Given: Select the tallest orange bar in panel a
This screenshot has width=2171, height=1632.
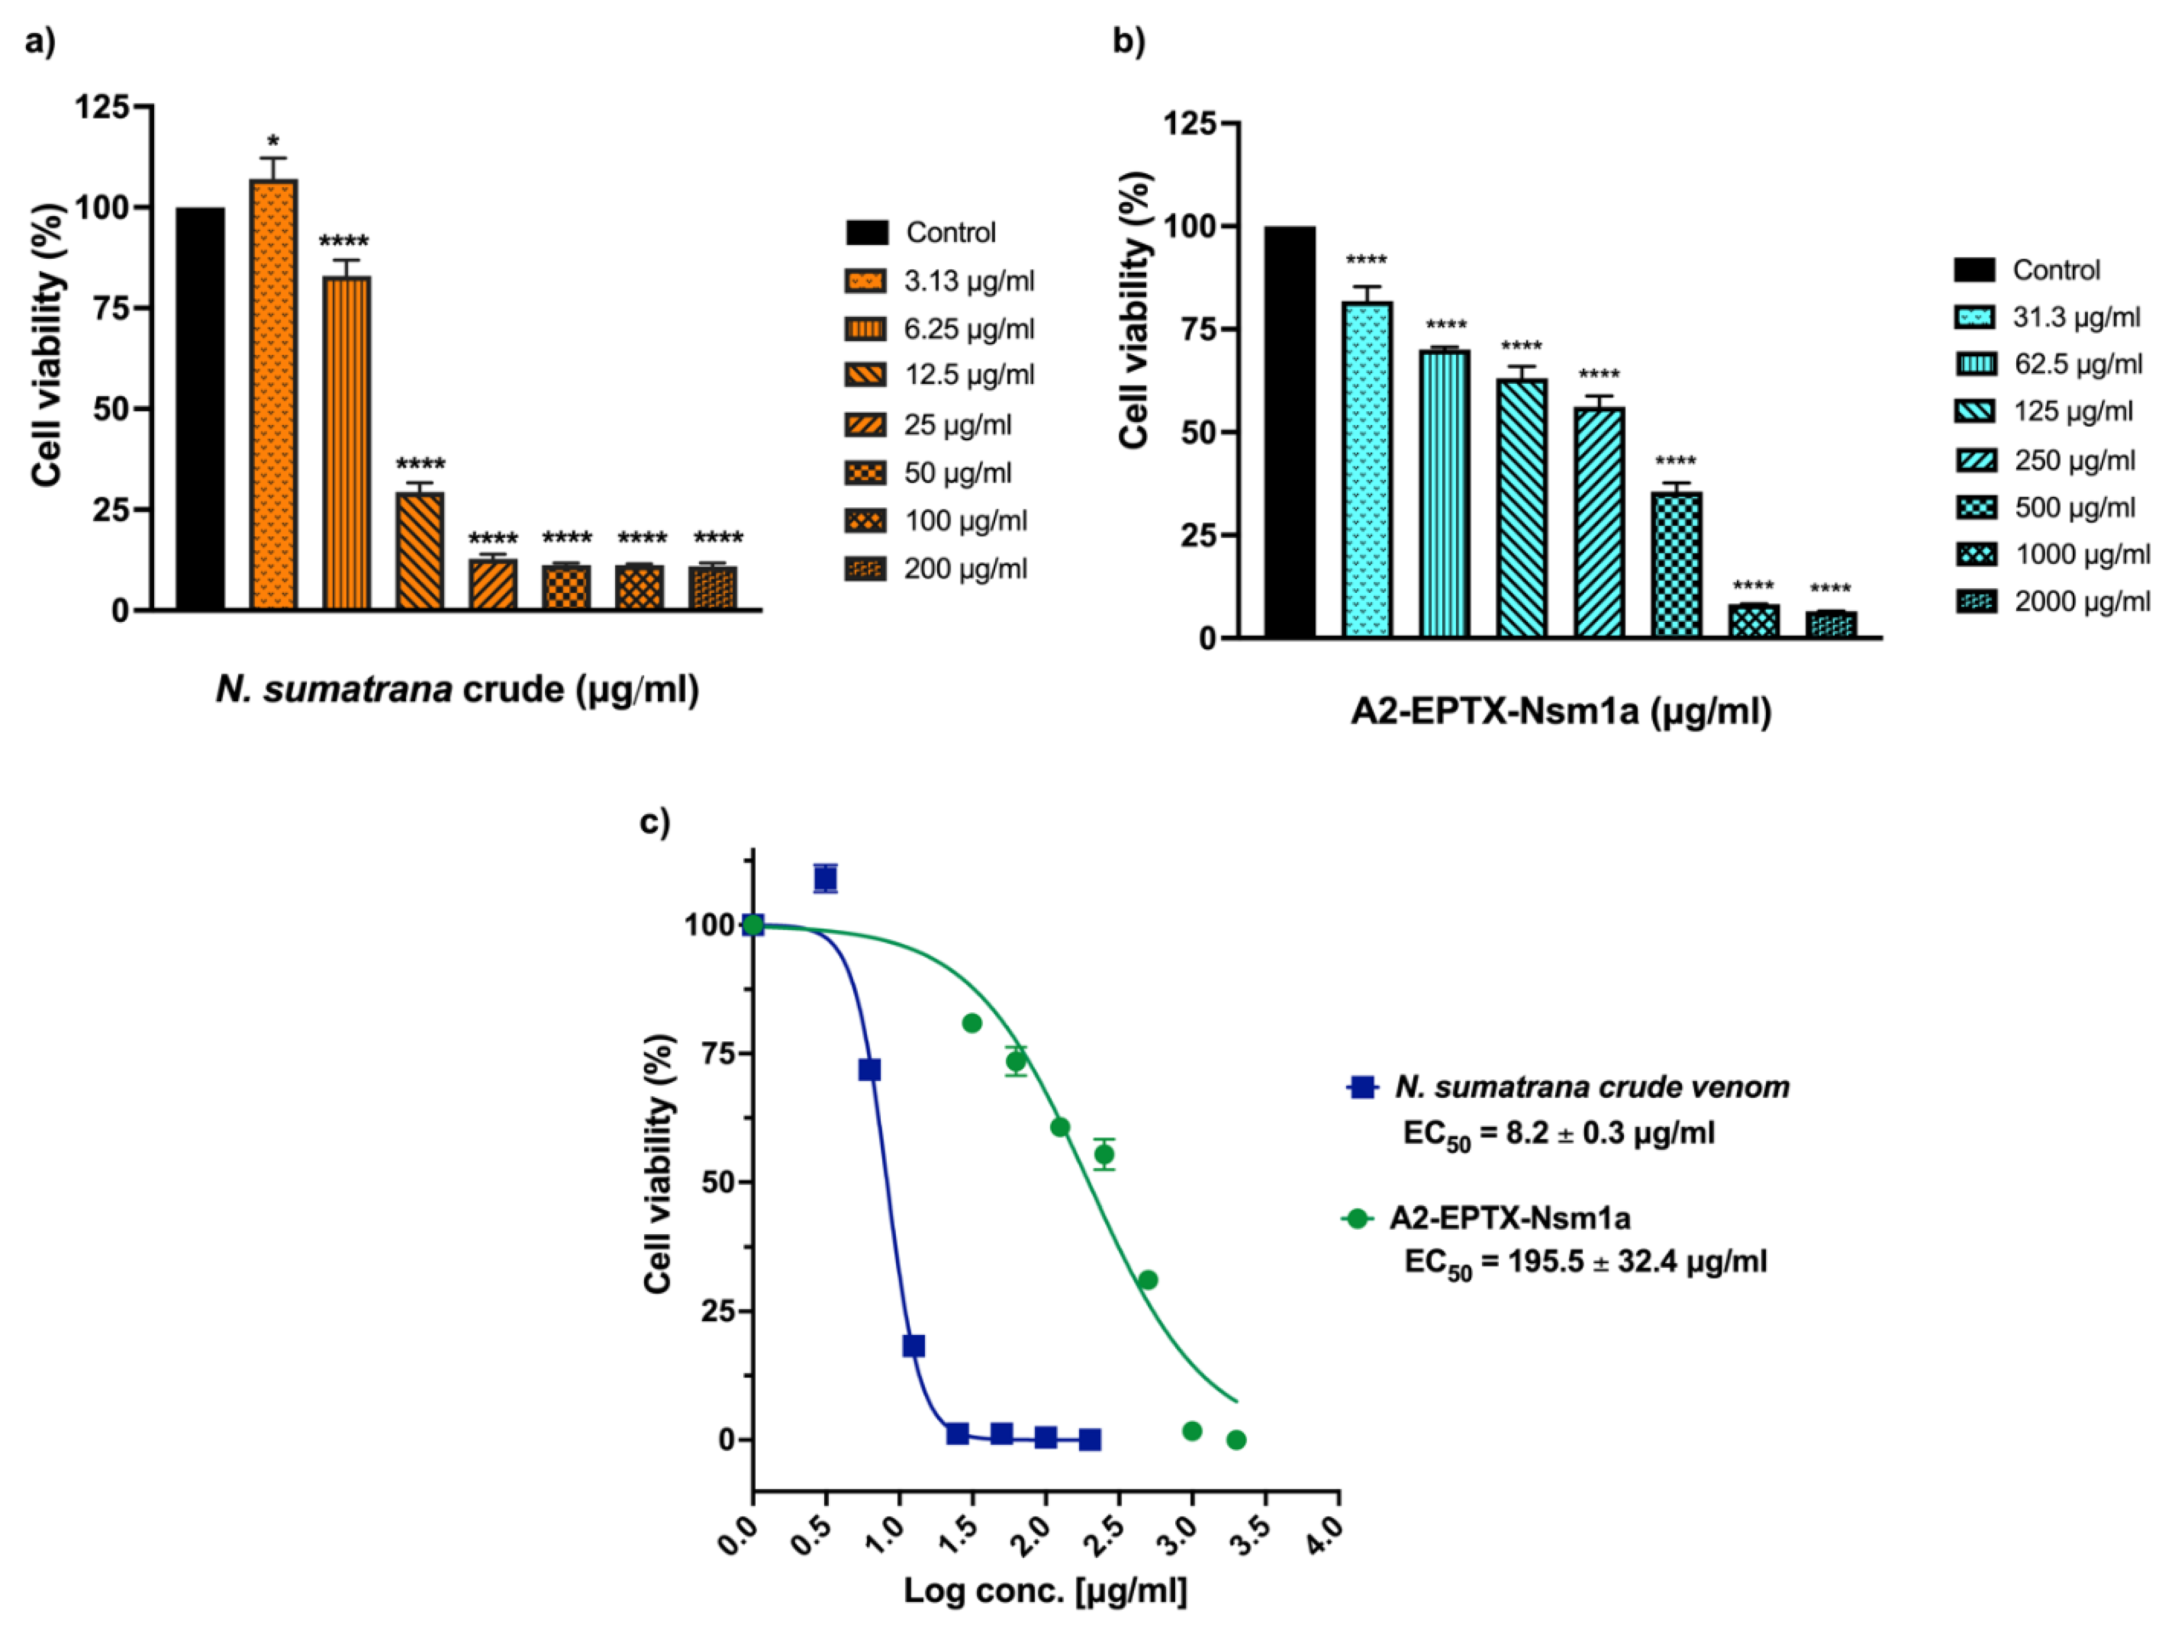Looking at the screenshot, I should coord(274,393).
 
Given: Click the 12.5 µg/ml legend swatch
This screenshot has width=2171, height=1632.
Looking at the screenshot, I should coord(864,375).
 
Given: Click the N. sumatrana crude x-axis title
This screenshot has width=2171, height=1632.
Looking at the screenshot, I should coord(457,689).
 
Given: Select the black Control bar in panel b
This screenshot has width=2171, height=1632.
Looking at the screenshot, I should coord(1290,432).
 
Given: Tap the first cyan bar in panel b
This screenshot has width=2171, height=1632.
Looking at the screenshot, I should coord(1367,469).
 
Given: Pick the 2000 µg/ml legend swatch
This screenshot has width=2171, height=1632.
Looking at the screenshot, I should coord(1975,602).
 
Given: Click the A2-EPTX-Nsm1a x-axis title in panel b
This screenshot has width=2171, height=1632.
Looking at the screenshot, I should coord(1561,711).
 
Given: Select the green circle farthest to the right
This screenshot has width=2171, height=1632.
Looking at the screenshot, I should coord(1237,1440).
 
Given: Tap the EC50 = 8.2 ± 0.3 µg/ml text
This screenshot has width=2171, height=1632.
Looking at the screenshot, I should coord(1559,1134).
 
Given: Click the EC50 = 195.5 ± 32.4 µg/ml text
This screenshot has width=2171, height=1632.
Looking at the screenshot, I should coord(1585,1262).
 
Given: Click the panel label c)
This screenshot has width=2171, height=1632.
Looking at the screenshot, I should coord(654,820).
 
